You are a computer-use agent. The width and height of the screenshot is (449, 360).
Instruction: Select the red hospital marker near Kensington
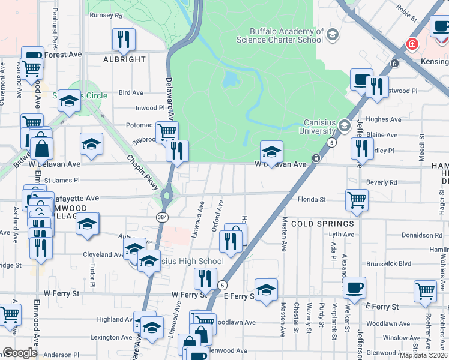(412, 44)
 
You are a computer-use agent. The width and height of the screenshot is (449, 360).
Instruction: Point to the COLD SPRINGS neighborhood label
(323, 223)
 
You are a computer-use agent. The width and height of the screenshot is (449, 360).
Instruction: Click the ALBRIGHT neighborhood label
(124, 59)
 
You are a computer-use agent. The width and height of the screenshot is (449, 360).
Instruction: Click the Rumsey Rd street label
(106, 16)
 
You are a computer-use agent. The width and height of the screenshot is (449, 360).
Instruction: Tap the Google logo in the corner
(19, 353)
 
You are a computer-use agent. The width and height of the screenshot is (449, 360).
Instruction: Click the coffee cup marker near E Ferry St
(355, 287)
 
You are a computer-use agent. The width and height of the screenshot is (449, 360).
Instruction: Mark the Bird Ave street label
(131, 93)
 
